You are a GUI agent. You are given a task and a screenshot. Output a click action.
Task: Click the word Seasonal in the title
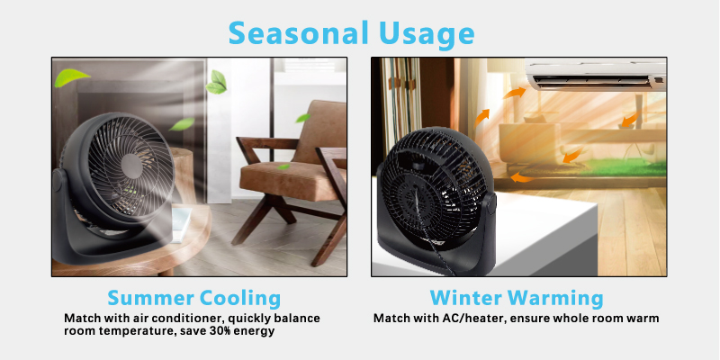point(298,33)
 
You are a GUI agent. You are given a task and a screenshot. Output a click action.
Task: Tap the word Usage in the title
point(426,35)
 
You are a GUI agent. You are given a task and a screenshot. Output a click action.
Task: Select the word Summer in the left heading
point(148,298)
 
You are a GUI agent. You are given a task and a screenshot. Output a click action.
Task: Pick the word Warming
point(554,299)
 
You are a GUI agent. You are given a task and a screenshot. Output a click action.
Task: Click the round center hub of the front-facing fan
point(130,166)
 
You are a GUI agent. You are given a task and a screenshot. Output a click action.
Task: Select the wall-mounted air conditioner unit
point(596,76)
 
